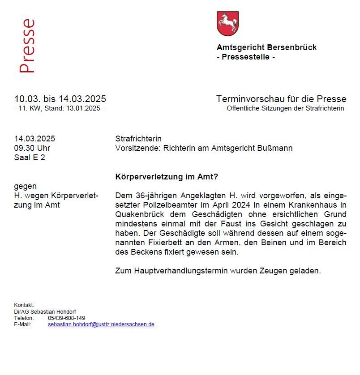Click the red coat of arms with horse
tap(227, 24)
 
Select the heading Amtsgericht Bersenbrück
tap(266, 47)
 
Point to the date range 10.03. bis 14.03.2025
tap(60, 99)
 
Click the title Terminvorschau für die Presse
tap(281, 99)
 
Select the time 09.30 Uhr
tap(32, 148)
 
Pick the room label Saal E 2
tap(30, 158)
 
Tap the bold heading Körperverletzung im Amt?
tap(167, 177)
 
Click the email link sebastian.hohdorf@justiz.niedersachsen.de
tap(101, 324)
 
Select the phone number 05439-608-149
tap(67, 318)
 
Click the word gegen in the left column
tap(26, 186)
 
